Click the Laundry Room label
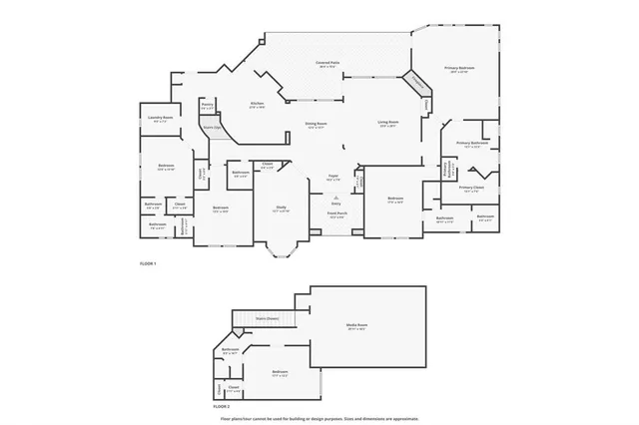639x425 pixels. [148, 119]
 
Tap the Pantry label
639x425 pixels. [207, 105]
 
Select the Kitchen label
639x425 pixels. [257, 104]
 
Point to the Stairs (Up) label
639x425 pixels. [211, 128]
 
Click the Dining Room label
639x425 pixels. [317, 125]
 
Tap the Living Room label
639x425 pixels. [389, 125]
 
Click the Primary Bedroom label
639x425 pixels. [460, 69]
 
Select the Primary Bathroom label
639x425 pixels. [471, 144]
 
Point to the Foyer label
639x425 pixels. [333, 177]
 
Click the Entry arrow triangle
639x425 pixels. [335, 198]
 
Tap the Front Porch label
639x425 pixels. [336, 213]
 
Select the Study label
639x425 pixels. [282, 208]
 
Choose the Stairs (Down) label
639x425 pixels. [267, 318]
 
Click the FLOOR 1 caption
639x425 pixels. [148, 263]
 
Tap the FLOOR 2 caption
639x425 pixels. [222, 407]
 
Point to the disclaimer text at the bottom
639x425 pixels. [319, 418]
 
